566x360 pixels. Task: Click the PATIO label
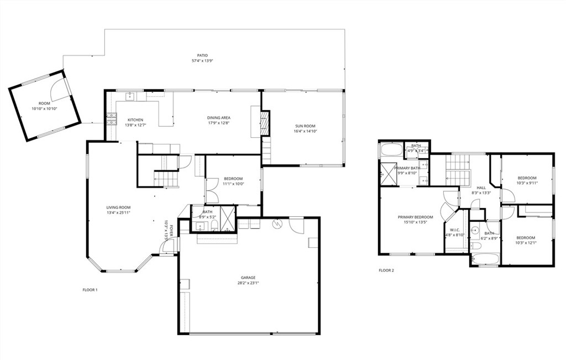coord(203,55)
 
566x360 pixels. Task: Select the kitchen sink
coord(131,97)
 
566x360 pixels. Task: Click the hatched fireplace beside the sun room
coord(265,124)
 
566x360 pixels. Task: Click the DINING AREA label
coord(218,118)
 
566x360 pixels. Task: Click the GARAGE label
coord(248,278)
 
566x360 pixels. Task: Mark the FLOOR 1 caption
coord(90,290)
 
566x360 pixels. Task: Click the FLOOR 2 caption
coord(386,270)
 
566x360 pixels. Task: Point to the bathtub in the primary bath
coord(391,150)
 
